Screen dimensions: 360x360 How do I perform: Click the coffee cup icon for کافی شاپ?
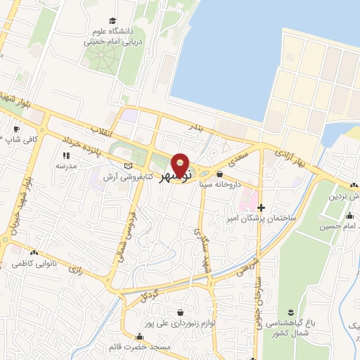coord(17,129)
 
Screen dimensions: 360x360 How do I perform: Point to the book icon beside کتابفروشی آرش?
coord(127,165)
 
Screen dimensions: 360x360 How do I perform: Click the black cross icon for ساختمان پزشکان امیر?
coord(262,207)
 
